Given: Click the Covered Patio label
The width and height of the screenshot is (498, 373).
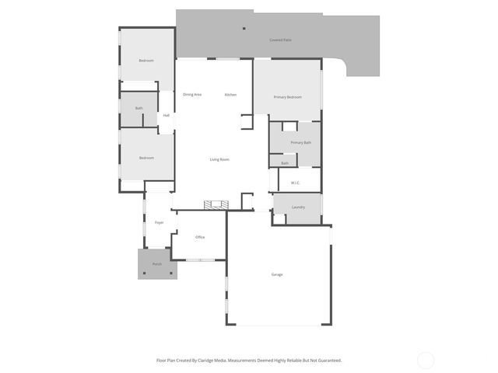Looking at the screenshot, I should [x=280, y=40].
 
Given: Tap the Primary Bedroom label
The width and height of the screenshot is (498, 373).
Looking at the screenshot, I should [x=287, y=97].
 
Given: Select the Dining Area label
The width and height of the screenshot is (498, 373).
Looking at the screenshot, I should [x=192, y=95].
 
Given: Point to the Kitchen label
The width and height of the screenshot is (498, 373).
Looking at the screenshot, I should [x=230, y=95].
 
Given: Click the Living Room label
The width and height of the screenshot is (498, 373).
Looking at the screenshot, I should [x=219, y=160].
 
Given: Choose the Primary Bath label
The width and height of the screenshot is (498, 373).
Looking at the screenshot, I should [x=301, y=143].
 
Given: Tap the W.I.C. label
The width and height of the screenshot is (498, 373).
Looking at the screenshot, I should [x=296, y=183].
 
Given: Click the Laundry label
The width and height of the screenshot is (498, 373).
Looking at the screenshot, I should [x=298, y=207].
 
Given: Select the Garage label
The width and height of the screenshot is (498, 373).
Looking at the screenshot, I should [x=277, y=274].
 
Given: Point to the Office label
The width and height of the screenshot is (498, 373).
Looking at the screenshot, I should [x=200, y=237].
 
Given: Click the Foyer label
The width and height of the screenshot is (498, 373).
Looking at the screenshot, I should [x=159, y=223].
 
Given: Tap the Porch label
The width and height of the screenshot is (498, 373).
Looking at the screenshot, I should [x=157, y=264].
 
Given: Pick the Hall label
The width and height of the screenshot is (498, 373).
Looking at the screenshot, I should [x=167, y=115].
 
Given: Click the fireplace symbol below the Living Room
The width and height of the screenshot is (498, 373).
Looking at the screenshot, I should [x=216, y=204].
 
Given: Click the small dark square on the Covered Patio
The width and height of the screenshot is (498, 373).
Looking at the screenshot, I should [x=244, y=28].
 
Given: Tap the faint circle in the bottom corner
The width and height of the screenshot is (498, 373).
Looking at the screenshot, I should [x=426, y=360].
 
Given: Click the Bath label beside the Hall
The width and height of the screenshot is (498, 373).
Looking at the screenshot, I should [x=139, y=108].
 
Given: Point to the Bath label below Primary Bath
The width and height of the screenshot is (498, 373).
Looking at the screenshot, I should [x=285, y=163].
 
